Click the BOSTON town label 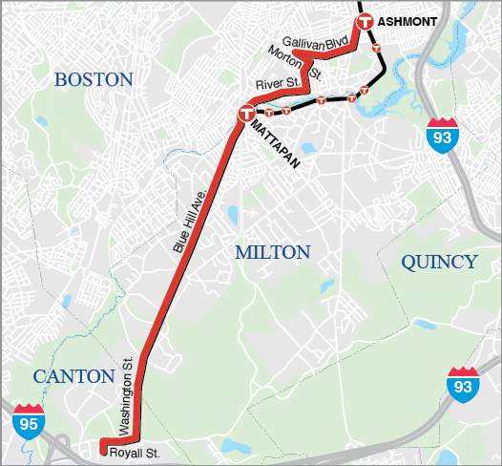(94, 79)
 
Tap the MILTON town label (273, 252)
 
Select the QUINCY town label (439, 262)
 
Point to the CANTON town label (74, 376)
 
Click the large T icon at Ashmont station (364, 22)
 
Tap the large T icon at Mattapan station (246, 115)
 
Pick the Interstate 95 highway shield (28, 420)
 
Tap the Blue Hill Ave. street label (188, 219)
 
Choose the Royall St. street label (131, 452)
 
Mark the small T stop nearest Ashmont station (378, 47)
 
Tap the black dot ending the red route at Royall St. (103, 442)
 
